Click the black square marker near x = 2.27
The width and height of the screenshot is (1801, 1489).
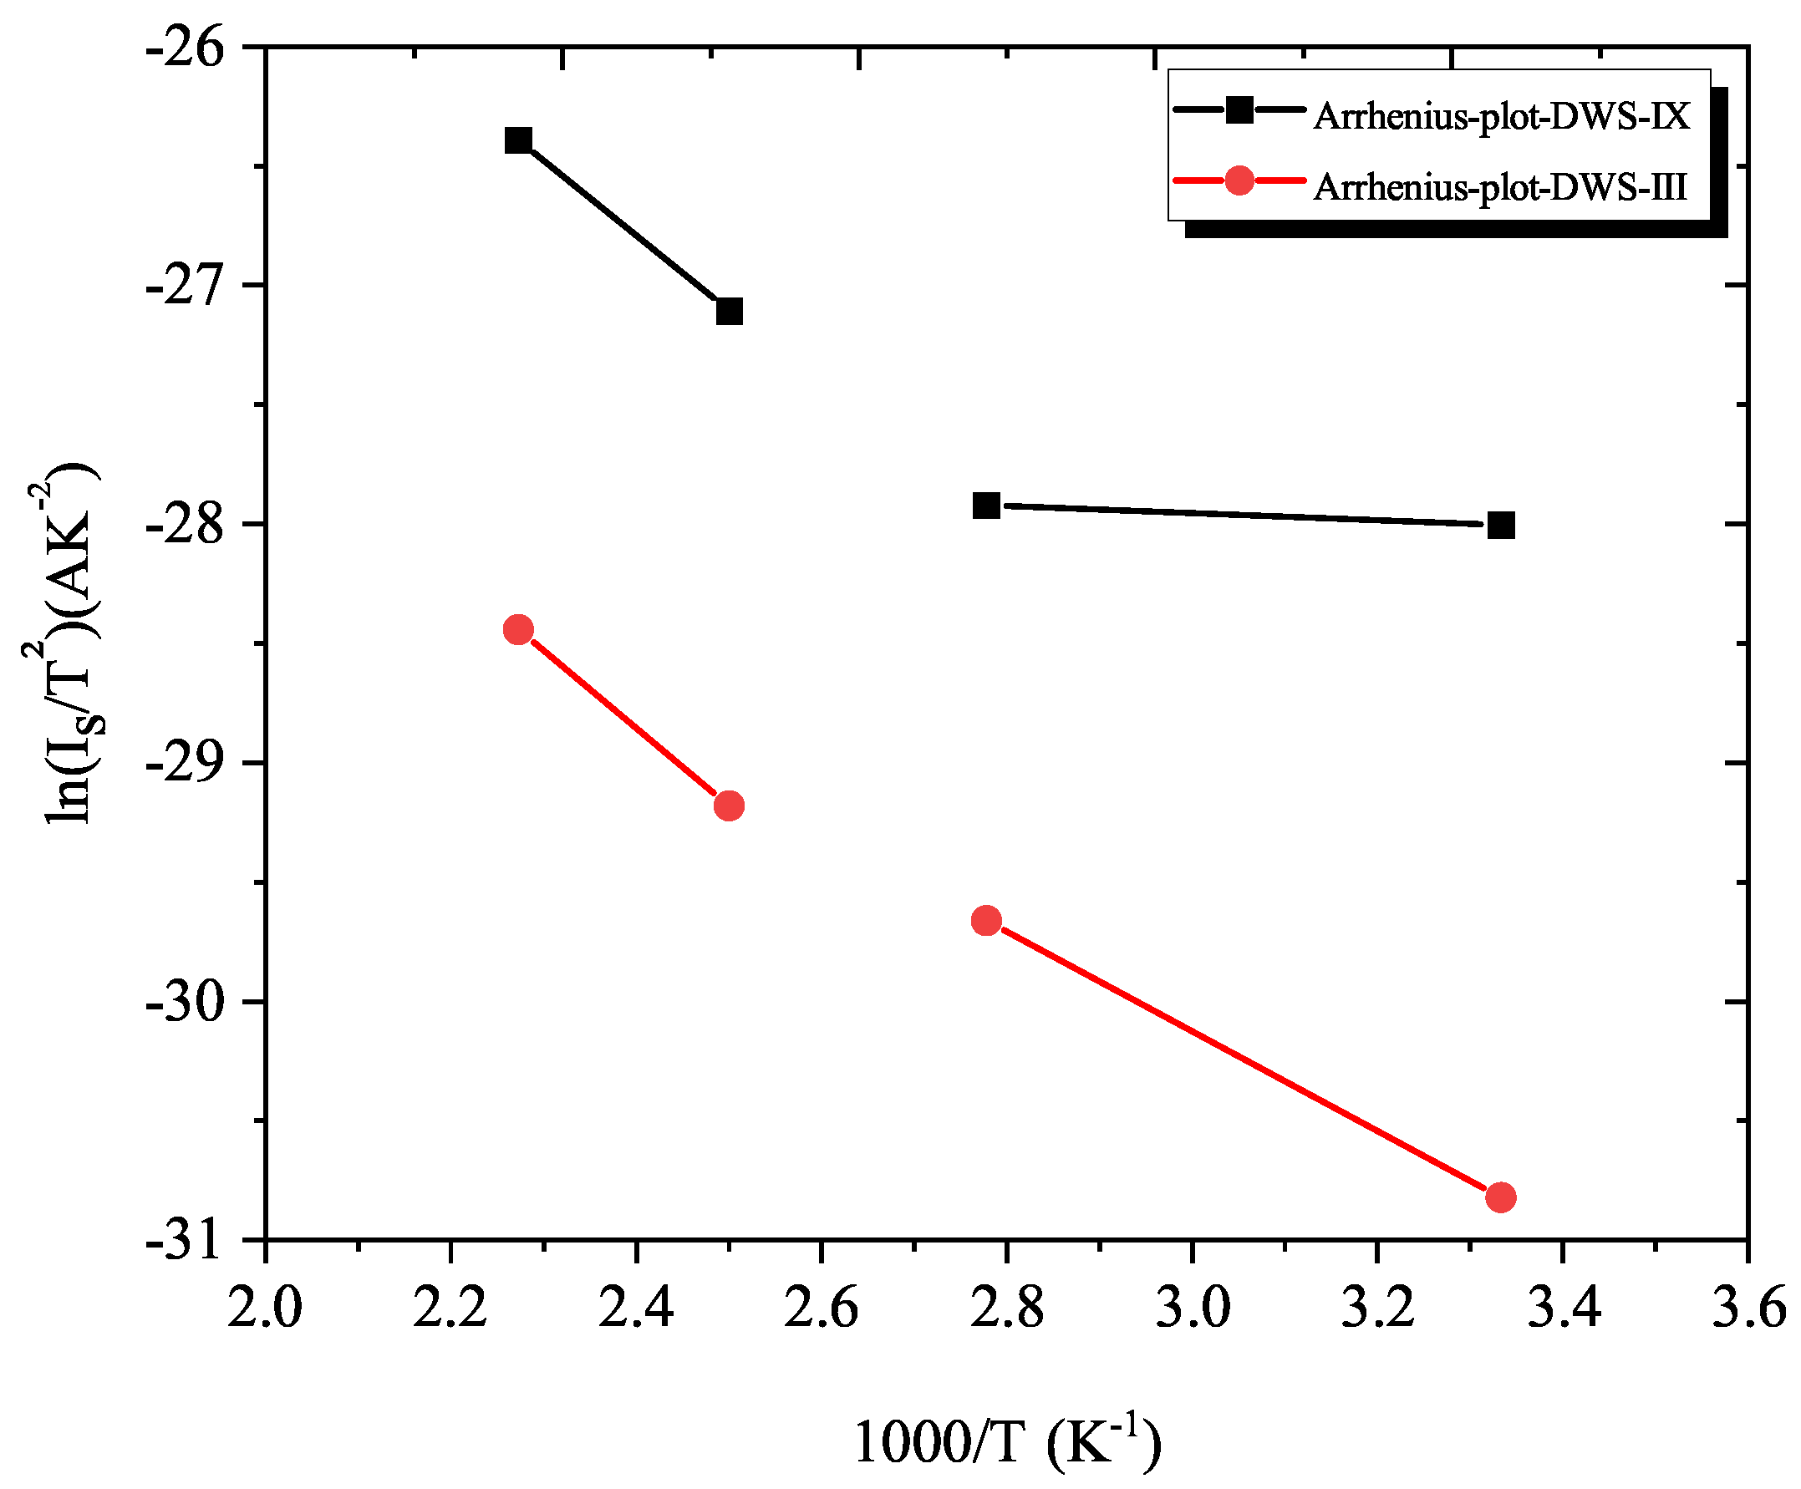518,140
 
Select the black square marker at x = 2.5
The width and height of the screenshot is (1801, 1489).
729,311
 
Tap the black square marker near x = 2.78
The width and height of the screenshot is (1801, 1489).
986,506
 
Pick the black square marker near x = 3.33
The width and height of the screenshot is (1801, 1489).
1501,526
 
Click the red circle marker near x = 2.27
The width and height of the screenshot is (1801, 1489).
518,630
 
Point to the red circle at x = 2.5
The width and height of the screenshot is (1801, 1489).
729,805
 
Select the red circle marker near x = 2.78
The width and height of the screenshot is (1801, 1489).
986,921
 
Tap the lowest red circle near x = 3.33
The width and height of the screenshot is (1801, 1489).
1501,1197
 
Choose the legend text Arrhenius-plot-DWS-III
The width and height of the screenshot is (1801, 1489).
1500,186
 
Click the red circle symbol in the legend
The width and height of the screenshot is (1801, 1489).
1239,180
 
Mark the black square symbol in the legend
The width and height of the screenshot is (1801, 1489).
1239,109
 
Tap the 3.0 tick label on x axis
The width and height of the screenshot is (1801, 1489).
1192,1309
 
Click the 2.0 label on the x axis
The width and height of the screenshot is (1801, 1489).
264,1309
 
